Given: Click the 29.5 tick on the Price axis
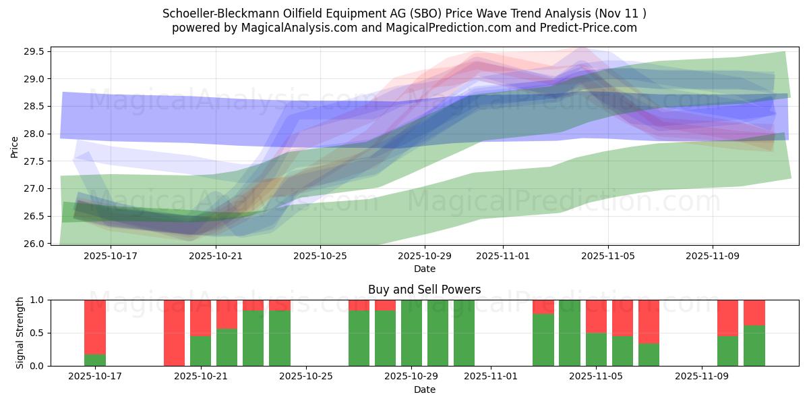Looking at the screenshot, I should tap(34, 52).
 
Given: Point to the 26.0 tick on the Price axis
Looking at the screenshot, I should tap(34, 244).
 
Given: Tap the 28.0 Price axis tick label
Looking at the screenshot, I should tap(34, 134).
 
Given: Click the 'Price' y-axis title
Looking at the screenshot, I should tap(15, 146).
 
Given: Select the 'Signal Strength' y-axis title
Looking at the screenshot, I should tap(20, 333).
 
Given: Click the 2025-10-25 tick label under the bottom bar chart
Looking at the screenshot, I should tap(306, 377).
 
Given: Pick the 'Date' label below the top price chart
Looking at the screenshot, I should tap(424, 269).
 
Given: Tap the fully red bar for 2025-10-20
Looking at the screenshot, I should tap(174, 333).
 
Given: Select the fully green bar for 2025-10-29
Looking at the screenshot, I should tap(411, 333).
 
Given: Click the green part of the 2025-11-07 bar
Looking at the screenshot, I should tap(649, 354).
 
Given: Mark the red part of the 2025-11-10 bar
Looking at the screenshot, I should tap(727, 317).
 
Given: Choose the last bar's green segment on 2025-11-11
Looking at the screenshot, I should tap(754, 346).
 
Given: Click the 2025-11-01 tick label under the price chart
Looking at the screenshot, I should tap(503, 256).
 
